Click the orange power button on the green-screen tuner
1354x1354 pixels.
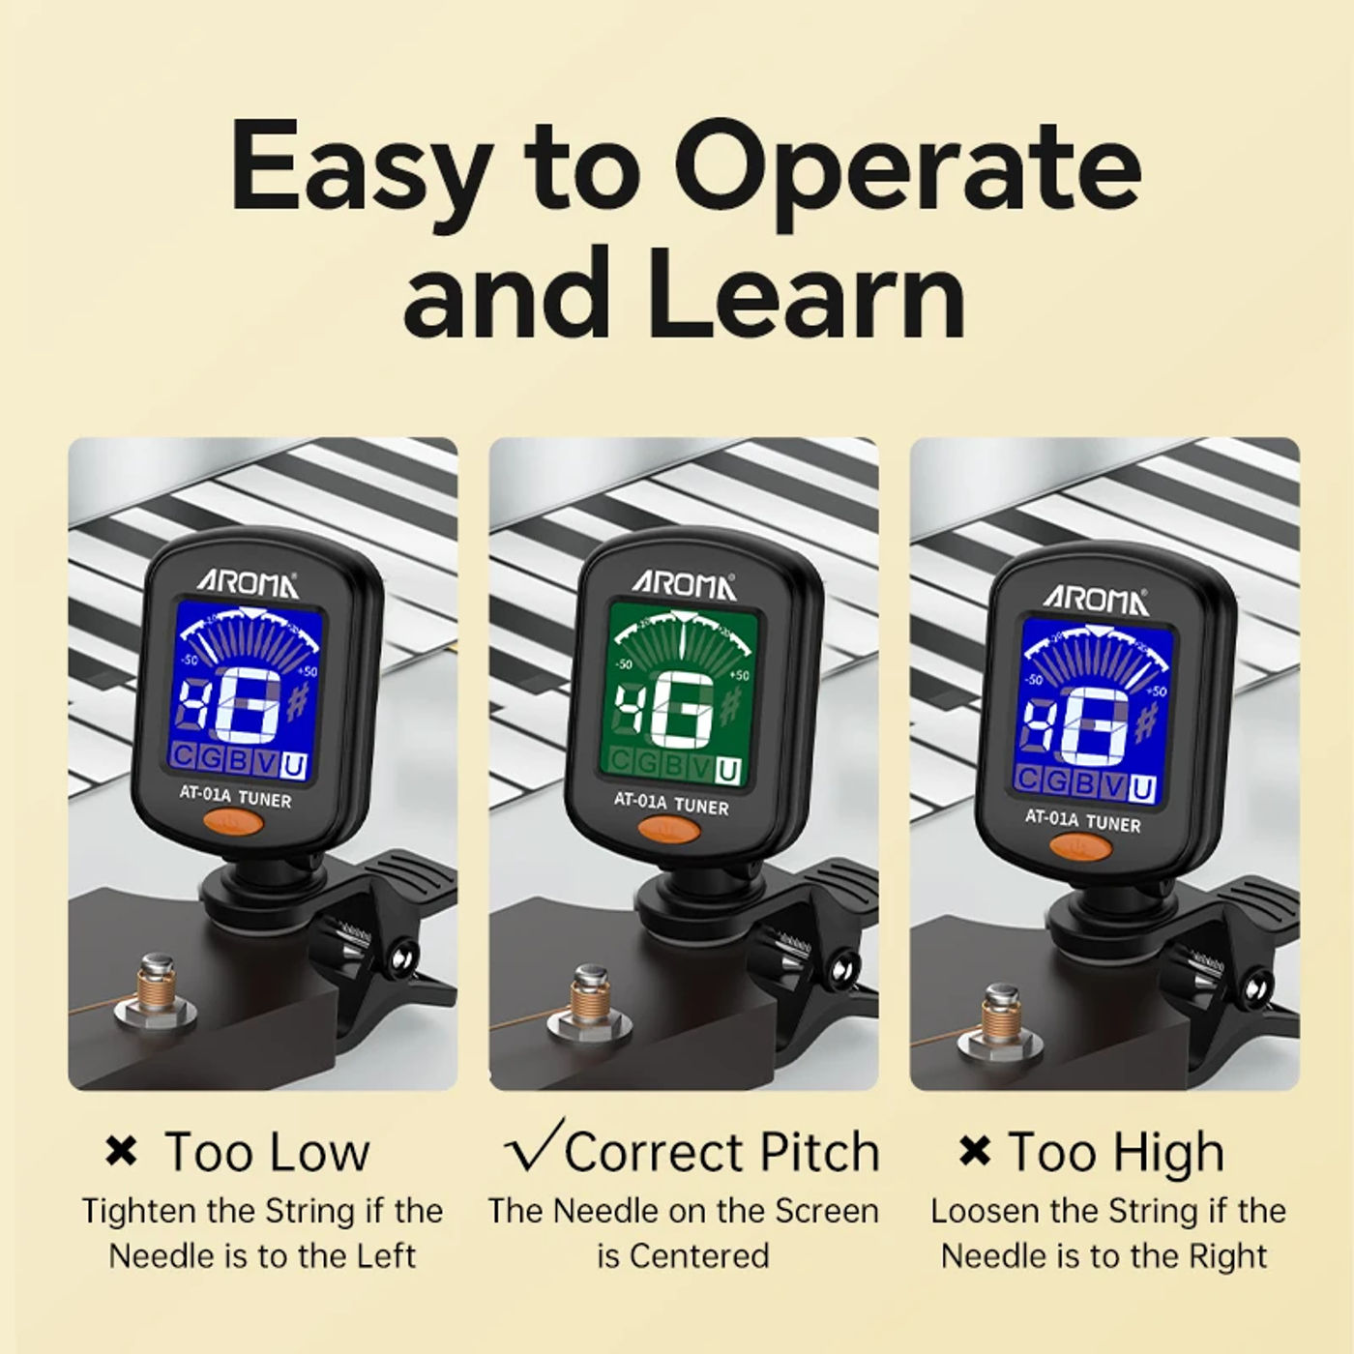668,831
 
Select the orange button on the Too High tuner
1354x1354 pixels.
1080,847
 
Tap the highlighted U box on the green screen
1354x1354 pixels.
728,772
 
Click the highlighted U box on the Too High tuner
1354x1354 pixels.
1142,788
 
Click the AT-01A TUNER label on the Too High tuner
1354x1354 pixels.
1082,820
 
